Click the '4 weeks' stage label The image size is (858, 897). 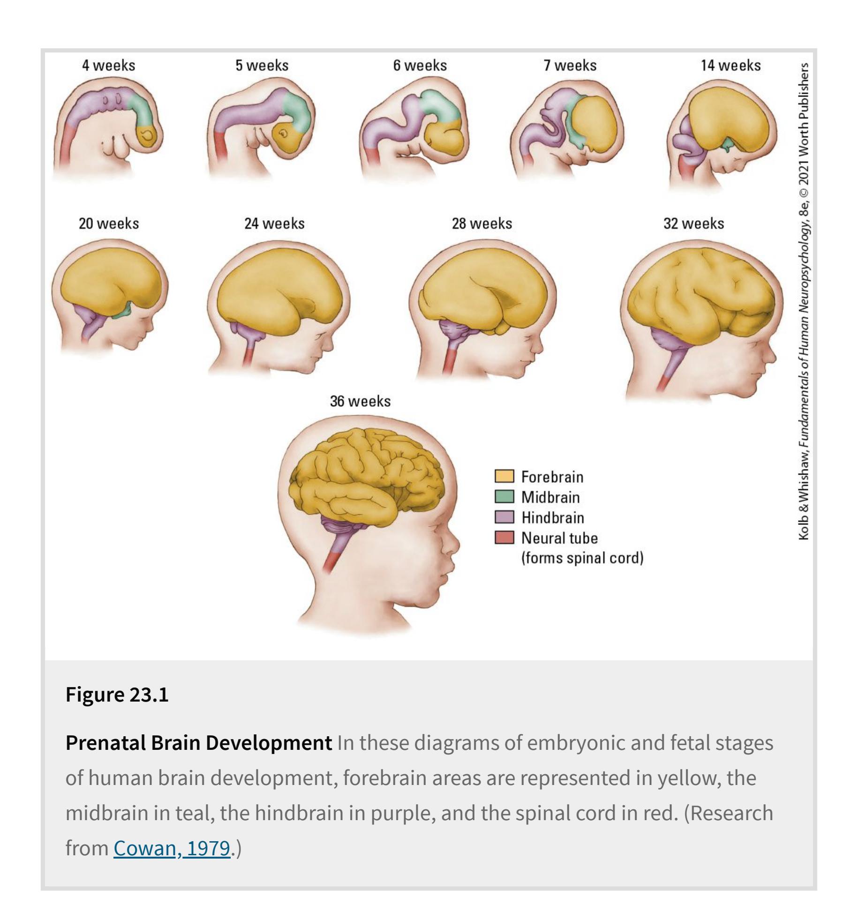tap(109, 66)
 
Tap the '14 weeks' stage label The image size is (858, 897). tap(730, 66)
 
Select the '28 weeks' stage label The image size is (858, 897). tap(482, 224)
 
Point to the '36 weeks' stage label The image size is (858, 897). tap(360, 401)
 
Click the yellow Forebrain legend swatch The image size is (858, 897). tap(504, 476)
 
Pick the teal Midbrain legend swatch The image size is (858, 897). tap(504, 496)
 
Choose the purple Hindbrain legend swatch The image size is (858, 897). tap(504, 517)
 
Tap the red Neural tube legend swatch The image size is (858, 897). tap(504, 537)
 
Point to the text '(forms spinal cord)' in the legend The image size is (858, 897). tap(582, 558)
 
